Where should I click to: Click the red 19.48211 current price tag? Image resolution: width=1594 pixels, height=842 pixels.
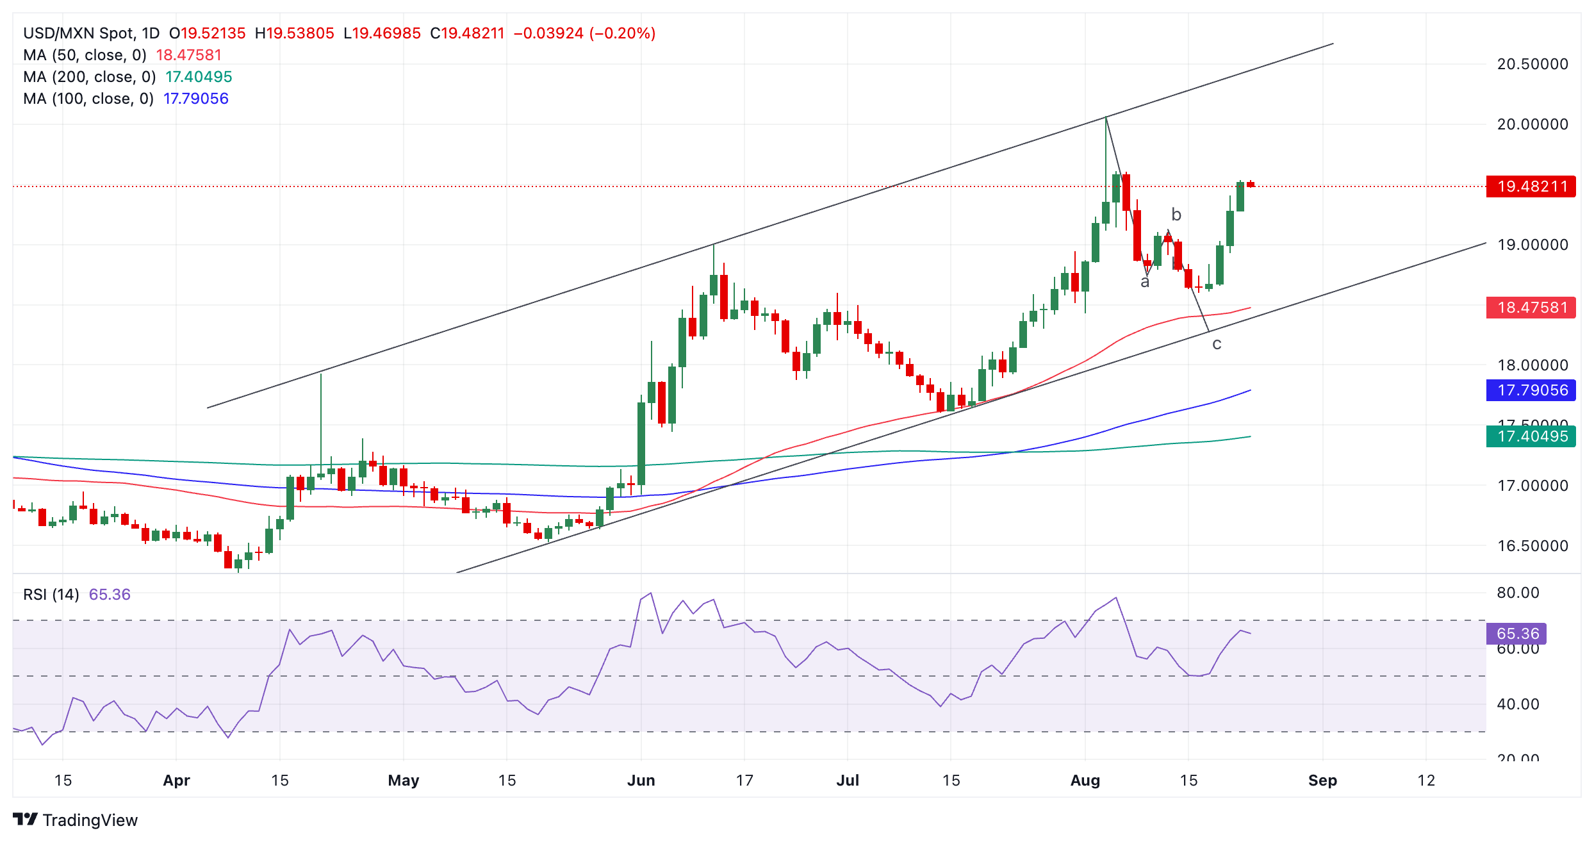pyautogui.click(x=1531, y=186)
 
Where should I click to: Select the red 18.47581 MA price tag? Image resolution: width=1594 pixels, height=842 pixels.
pyautogui.click(x=1531, y=308)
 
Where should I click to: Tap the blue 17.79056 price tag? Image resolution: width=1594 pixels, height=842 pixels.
pyautogui.click(x=1531, y=390)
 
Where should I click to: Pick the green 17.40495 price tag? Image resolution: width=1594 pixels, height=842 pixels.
pyautogui.click(x=1531, y=436)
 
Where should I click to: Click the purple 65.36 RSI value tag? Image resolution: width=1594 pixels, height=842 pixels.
pyautogui.click(x=1516, y=634)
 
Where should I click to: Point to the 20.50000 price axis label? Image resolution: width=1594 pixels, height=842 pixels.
pyautogui.click(x=1532, y=64)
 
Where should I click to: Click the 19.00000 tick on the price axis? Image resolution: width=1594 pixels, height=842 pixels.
pyautogui.click(x=1532, y=245)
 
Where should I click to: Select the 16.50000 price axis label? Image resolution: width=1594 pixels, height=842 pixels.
pyautogui.click(x=1532, y=546)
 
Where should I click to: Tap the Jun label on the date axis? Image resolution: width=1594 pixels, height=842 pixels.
pyautogui.click(x=641, y=780)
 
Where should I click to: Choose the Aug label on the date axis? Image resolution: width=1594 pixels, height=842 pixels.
pyautogui.click(x=1085, y=780)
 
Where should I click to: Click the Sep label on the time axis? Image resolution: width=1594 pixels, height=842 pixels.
pyautogui.click(x=1322, y=780)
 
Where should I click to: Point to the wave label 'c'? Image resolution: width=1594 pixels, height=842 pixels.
pyautogui.click(x=1217, y=344)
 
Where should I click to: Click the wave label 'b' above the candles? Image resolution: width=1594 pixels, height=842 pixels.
pyautogui.click(x=1176, y=214)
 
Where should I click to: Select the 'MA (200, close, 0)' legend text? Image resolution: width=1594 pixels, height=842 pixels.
pyautogui.click(x=90, y=77)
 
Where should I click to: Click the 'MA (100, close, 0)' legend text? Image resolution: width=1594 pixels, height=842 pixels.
pyautogui.click(x=88, y=99)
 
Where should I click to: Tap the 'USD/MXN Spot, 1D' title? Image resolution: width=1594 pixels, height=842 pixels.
pyautogui.click(x=91, y=33)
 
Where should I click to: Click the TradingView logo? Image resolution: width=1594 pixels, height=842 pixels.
pyautogui.click(x=75, y=820)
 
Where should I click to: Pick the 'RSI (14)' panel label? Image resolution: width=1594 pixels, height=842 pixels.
pyautogui.click(x=51, y=595)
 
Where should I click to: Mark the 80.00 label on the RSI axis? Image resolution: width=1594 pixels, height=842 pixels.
pyautogui.click(x=1518, y=593)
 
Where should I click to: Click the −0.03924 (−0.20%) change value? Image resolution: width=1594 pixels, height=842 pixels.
pyautogui.click(x=584, y=33)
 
